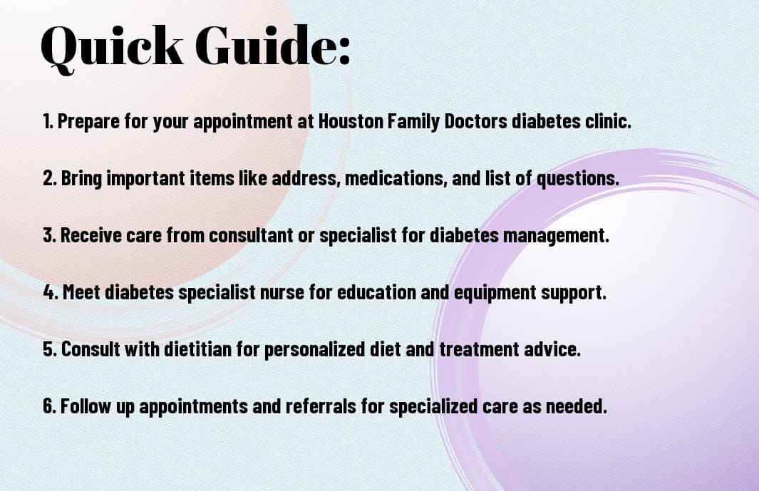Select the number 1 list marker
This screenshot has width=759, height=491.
(x=47, y=122)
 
